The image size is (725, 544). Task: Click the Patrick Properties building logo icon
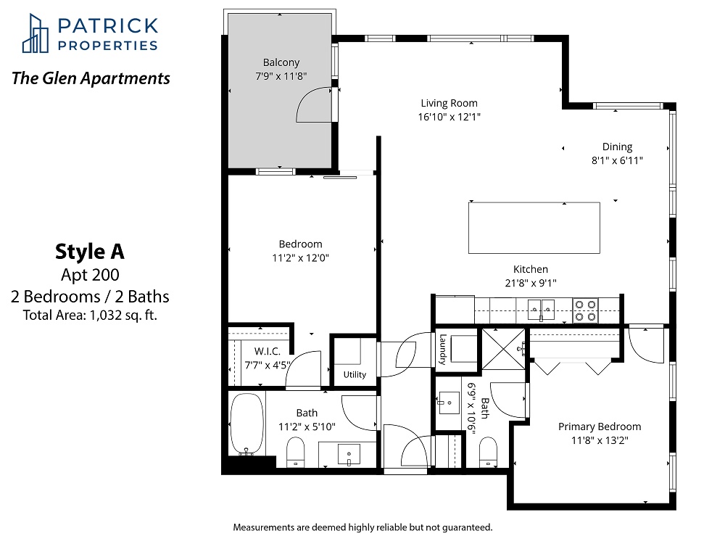coord(35,33)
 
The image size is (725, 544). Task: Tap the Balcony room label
coord(281,62)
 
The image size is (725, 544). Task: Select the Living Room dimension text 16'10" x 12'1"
coord(449,117)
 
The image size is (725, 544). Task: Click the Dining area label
coord(617,147)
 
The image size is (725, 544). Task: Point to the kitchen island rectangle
coord(534,228)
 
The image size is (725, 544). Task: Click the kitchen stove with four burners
coord(585,310)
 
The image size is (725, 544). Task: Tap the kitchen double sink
coord(541,309)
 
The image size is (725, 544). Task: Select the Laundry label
coord(443,350)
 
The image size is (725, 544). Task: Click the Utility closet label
coord(355,375)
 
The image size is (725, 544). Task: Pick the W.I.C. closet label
coord(268,352)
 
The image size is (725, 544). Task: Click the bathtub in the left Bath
coord(247,424)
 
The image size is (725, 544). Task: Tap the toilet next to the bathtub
coord(296,452)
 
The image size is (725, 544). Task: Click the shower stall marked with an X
coord(504,349)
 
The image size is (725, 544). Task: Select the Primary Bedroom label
coord(600,426)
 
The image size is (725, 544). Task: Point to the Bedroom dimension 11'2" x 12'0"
coord(301,258)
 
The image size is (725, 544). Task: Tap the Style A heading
coord(90,252)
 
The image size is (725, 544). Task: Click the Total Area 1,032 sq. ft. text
coord(90,316)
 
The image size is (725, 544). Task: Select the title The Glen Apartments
coord(91,78)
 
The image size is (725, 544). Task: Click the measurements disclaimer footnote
coord(363,527)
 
